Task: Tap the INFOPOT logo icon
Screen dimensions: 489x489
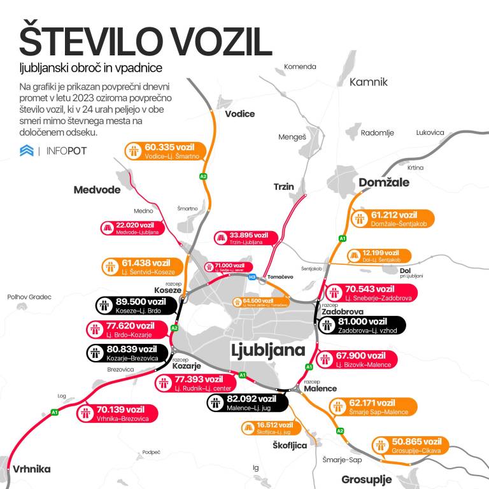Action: point(27,151)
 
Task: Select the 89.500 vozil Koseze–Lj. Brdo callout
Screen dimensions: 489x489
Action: point(136,306)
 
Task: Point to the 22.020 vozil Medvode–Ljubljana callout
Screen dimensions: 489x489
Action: point(130,229)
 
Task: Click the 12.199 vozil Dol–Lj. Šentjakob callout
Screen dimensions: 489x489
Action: point(377,256)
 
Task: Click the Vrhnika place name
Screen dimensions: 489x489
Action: point(31,469)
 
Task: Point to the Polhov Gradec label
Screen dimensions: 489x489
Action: point(29,297)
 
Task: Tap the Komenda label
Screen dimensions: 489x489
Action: point(300,67)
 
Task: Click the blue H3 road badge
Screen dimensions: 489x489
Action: point(252,277)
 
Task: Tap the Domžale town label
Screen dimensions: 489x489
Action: point(384,183)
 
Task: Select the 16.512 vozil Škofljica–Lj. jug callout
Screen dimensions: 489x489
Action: point(267,429)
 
